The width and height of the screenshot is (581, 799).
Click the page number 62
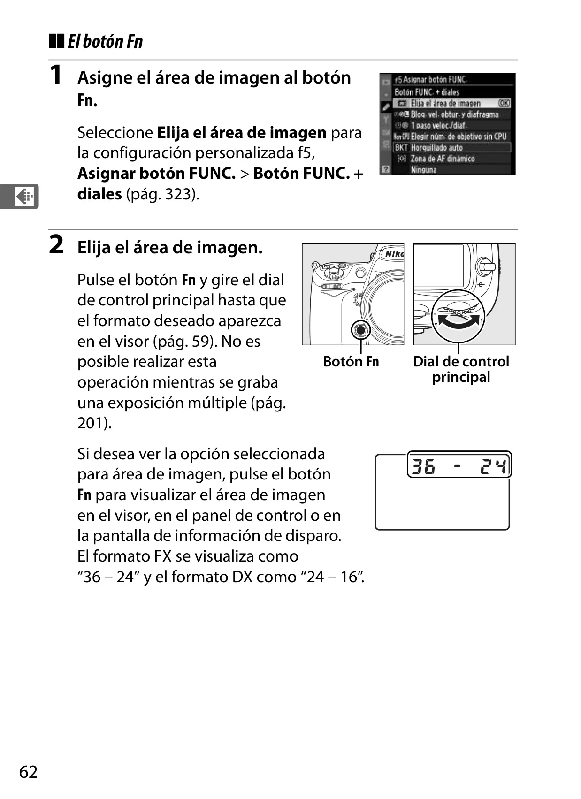28,771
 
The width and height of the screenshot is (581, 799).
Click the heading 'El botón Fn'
105,41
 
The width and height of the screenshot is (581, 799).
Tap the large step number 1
56,75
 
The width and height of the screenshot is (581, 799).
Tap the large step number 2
56,244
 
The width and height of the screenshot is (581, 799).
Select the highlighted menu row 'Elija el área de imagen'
452,103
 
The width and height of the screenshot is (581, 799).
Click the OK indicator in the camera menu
504,103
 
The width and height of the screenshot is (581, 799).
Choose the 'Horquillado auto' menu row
452,147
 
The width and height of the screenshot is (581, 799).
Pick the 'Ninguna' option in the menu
424,170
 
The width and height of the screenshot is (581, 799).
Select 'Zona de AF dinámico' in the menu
443,159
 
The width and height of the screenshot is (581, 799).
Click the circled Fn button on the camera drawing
360,330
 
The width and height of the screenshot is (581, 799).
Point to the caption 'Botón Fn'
351,361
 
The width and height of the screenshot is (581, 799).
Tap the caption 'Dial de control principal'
461,369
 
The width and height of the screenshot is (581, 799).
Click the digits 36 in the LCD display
423,466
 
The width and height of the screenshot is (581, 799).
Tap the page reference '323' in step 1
177,194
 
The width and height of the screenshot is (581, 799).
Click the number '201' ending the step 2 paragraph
92,423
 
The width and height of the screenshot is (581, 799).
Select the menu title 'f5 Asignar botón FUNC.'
431,80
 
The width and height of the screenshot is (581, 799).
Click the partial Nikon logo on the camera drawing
394,254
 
